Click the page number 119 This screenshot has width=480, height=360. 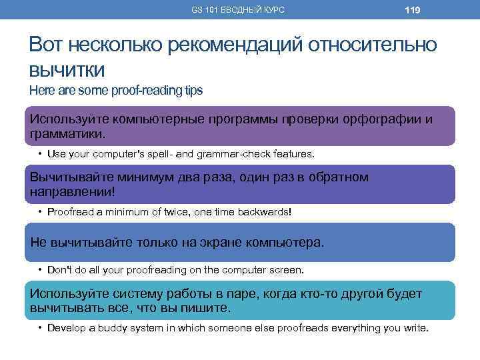click(x=412, y=10)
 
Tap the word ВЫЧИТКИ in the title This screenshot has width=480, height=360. click(x=67, y=69)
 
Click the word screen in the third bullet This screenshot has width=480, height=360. click(x=285, y=270)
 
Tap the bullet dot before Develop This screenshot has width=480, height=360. click(x=40, y=328)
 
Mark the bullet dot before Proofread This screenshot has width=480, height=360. click(x=40, y=211)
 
